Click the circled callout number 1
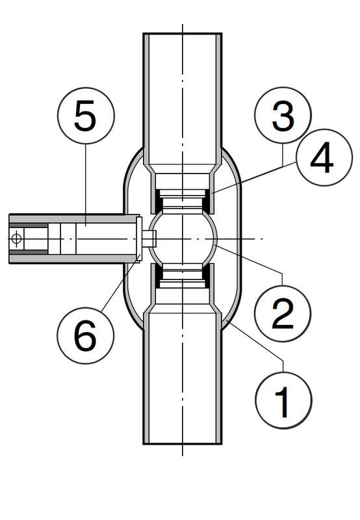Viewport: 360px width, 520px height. (x=283, y=400)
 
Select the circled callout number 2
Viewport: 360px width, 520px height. (x=283, y=313)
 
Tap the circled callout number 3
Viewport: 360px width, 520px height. (x=283, y=116)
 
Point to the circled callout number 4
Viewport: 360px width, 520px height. (x=324, y=157)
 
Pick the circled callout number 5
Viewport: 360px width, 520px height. (x=86, y=116)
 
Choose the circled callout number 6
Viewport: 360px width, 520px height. (x=86, y=335)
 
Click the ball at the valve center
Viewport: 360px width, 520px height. (x=183, y=239)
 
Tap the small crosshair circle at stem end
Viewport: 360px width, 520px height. (x=16, y=239)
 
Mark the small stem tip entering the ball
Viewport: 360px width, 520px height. (x=149, y=239)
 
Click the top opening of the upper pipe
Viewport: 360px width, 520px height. (x=183, y=34)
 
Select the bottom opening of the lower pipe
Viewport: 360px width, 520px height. (x=183, y=443)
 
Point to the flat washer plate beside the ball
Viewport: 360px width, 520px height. (x=139, y=239)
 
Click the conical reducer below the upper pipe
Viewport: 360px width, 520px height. (x=183, y=168)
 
